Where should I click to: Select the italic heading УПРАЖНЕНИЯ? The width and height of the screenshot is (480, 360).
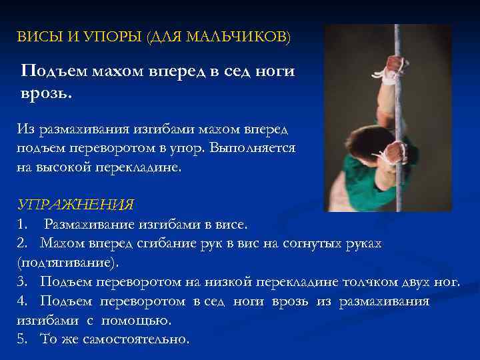(x=75, y=204)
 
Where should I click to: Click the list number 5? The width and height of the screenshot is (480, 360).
(x=22, y=339)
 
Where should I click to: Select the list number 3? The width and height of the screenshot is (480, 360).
(x=22, y=281)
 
